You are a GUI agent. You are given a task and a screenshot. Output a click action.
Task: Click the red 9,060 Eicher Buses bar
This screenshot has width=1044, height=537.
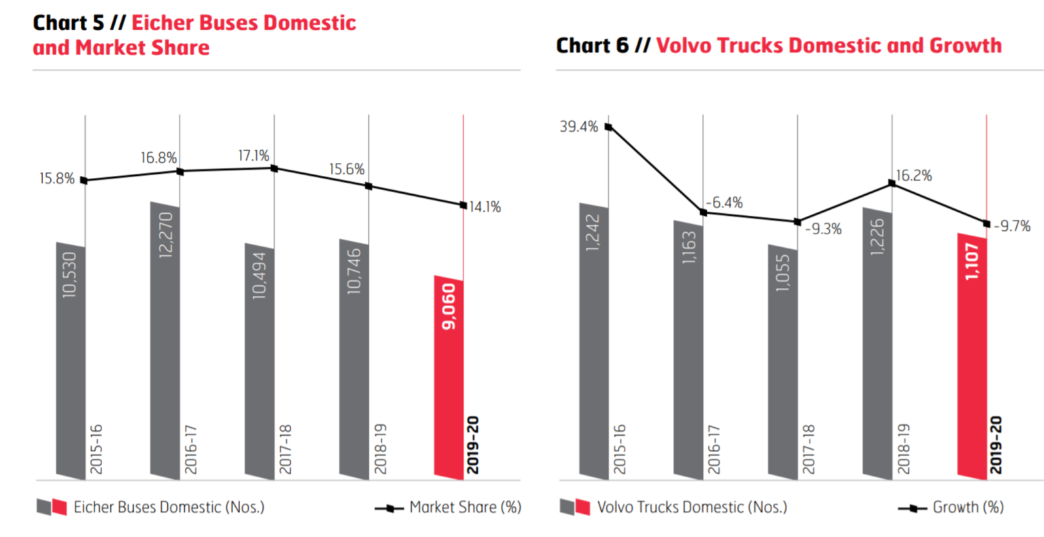[x=449, y=377]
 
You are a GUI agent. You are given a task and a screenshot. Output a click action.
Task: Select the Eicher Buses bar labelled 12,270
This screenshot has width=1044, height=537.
[x=165, y=339]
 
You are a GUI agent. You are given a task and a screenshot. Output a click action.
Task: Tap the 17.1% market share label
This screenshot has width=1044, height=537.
[x=254, y=156]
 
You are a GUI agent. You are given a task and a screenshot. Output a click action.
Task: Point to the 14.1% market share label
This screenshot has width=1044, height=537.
[x=485, y=207]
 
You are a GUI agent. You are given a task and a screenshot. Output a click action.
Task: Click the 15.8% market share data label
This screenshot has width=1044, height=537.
[x=56, y=179]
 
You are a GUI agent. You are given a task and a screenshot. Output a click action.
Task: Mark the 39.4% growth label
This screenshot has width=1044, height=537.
[x=578, y=127]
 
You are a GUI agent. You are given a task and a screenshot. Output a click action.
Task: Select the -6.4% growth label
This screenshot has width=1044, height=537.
[x=724, y=202]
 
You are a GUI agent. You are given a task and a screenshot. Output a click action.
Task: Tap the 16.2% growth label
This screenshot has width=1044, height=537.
[x=913, y=176]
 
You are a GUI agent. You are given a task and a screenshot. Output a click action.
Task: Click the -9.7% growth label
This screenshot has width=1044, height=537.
[x=1012, y=226]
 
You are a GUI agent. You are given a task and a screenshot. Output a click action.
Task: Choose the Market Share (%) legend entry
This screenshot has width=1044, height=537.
[x=465, y=507]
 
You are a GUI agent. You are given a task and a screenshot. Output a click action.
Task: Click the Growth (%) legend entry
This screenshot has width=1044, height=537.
[x=968, y=507]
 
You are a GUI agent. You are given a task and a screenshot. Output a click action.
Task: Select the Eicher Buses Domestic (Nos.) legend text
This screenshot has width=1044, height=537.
[x=169, y=507]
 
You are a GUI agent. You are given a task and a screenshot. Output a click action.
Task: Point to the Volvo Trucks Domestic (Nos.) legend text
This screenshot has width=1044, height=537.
[x=692, y=507]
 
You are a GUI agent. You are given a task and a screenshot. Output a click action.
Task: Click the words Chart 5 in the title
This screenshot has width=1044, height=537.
[x=68, y=22]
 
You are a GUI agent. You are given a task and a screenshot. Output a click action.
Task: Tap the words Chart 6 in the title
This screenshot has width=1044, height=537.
[x=592, y=45]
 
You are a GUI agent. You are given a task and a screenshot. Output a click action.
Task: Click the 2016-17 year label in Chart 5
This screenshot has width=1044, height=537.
[x=191, y=449]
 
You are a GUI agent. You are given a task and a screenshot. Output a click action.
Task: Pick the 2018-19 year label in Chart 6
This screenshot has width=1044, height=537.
[x=903, y=449]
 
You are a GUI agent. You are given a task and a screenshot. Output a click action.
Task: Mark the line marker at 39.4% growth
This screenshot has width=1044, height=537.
[x=608, y=126]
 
